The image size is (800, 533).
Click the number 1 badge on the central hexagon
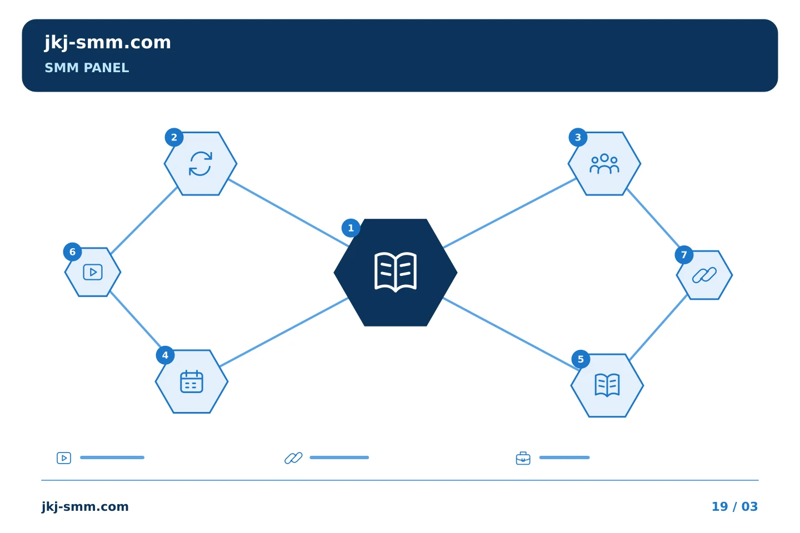click(x=351, y=228)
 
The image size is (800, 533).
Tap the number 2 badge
click(x=174, y=138)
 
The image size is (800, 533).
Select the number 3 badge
click(x=578, y=138)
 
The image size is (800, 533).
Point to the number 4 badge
click(x=165, y=355)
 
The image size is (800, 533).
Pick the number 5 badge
click(x=581, y=359)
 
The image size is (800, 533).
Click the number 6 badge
click(x=72, y=252)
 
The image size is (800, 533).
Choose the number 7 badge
click(x=684, y=255)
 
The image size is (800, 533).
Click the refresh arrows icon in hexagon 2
click(x=201, y=164)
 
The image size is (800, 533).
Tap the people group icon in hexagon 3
click(x=604, y=164)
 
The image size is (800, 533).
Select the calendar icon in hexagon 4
click(x=192, y=381)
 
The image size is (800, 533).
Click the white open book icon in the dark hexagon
click(x=396, y=272)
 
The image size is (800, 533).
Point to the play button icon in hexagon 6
click(x=93, y=273)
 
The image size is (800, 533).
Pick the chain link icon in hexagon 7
click(x=704, y=275)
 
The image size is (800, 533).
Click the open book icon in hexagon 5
click(x=607, y=385)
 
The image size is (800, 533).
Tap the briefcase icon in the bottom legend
click(x=523, y=458)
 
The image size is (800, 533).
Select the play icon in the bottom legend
click(x=64, y=458)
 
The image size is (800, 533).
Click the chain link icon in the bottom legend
click(x=293, y=458)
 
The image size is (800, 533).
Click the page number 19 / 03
click(x=734, y=506)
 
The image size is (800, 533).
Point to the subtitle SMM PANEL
click(x=87, y=68)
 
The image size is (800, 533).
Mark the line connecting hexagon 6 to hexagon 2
click(x=144, y=220)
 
